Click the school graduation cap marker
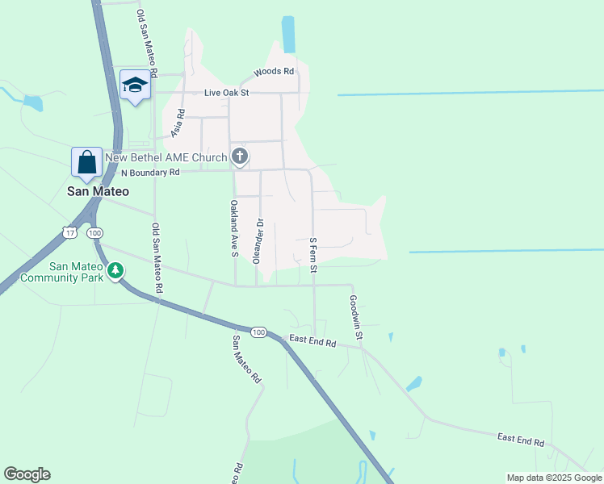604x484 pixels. click(x=136, y=85)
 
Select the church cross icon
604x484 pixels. click(x=240, y=156)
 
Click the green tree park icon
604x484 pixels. click(x=116, y=269)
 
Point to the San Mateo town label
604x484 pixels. click(x=97, y=192)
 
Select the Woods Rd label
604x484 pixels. click(x=274, y=72)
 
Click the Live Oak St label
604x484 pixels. click(x=227, y=93)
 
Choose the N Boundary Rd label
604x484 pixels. click(x=150, y=173)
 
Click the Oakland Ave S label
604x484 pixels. click(x=233, y=228)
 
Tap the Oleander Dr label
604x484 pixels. click(x=260, y=240)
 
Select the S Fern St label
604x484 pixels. click(x=312, y=253)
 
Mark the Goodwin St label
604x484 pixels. click(x=356, y=315)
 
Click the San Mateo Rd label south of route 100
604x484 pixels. click(x=247, y=359)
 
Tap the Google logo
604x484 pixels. click(x=27, y=474)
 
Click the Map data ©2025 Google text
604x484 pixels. click(x=553, y=478)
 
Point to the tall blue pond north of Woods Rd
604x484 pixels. click(x=288, y=35)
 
